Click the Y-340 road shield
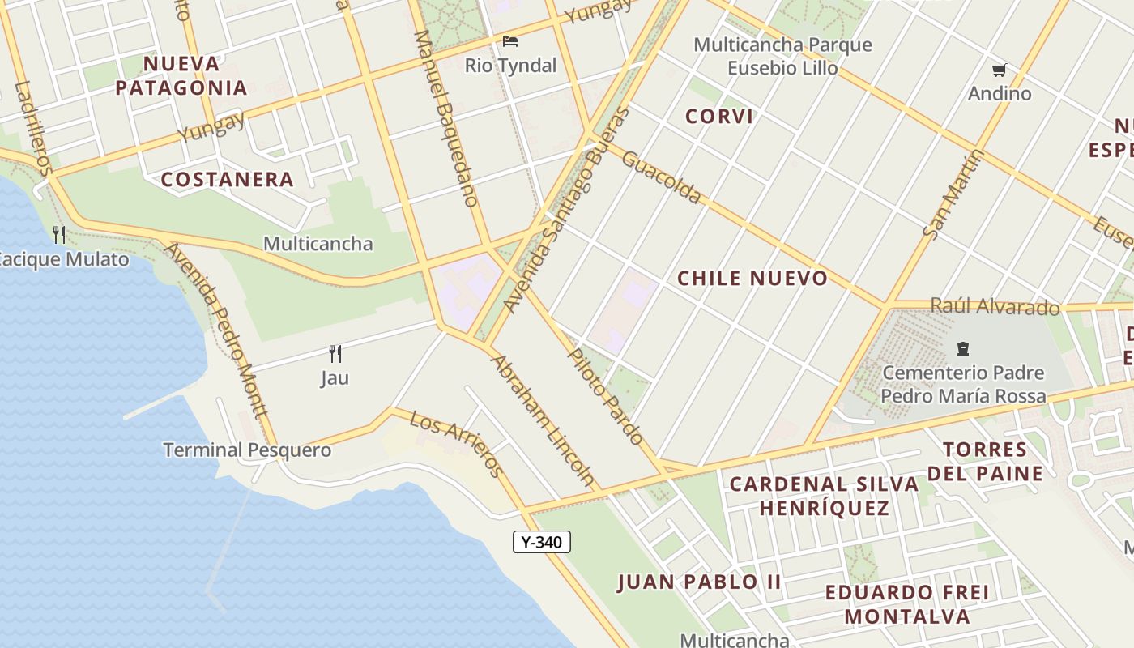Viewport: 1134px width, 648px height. click(x=542, y=542)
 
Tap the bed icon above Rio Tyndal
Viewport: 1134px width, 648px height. click(x=510, y=41)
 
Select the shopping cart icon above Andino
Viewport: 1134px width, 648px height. click(x=1000, y=70)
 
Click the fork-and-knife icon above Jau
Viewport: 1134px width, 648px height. click(x=335, y=354)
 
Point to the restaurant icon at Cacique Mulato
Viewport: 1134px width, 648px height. click(x=58, y=235)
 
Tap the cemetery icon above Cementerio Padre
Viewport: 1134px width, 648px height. click(x=963, y=349)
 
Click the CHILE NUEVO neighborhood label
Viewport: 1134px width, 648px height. click(x=752, y=279)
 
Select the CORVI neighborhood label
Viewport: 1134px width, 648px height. click(x=719, y=116)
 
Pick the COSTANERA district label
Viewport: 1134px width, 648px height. click(x=227, y=179)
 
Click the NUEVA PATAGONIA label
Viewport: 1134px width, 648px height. click(x=181, y=75)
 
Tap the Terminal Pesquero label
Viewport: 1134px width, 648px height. click(x=247, y=450)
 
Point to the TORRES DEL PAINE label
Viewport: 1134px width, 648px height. click(x=985, y=461)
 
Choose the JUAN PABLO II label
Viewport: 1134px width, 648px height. click(x=699, y=582)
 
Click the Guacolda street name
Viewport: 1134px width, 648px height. click(x=661, y=177)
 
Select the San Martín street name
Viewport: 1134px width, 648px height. click(x=953, y=194)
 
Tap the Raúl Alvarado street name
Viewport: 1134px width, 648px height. click(x=995, y=306)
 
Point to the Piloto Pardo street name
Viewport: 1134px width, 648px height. click(x=605, y=396)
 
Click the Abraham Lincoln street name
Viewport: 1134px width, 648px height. click(x=543, y=420)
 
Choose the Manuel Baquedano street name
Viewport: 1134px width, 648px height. click(x=444, y=118)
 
